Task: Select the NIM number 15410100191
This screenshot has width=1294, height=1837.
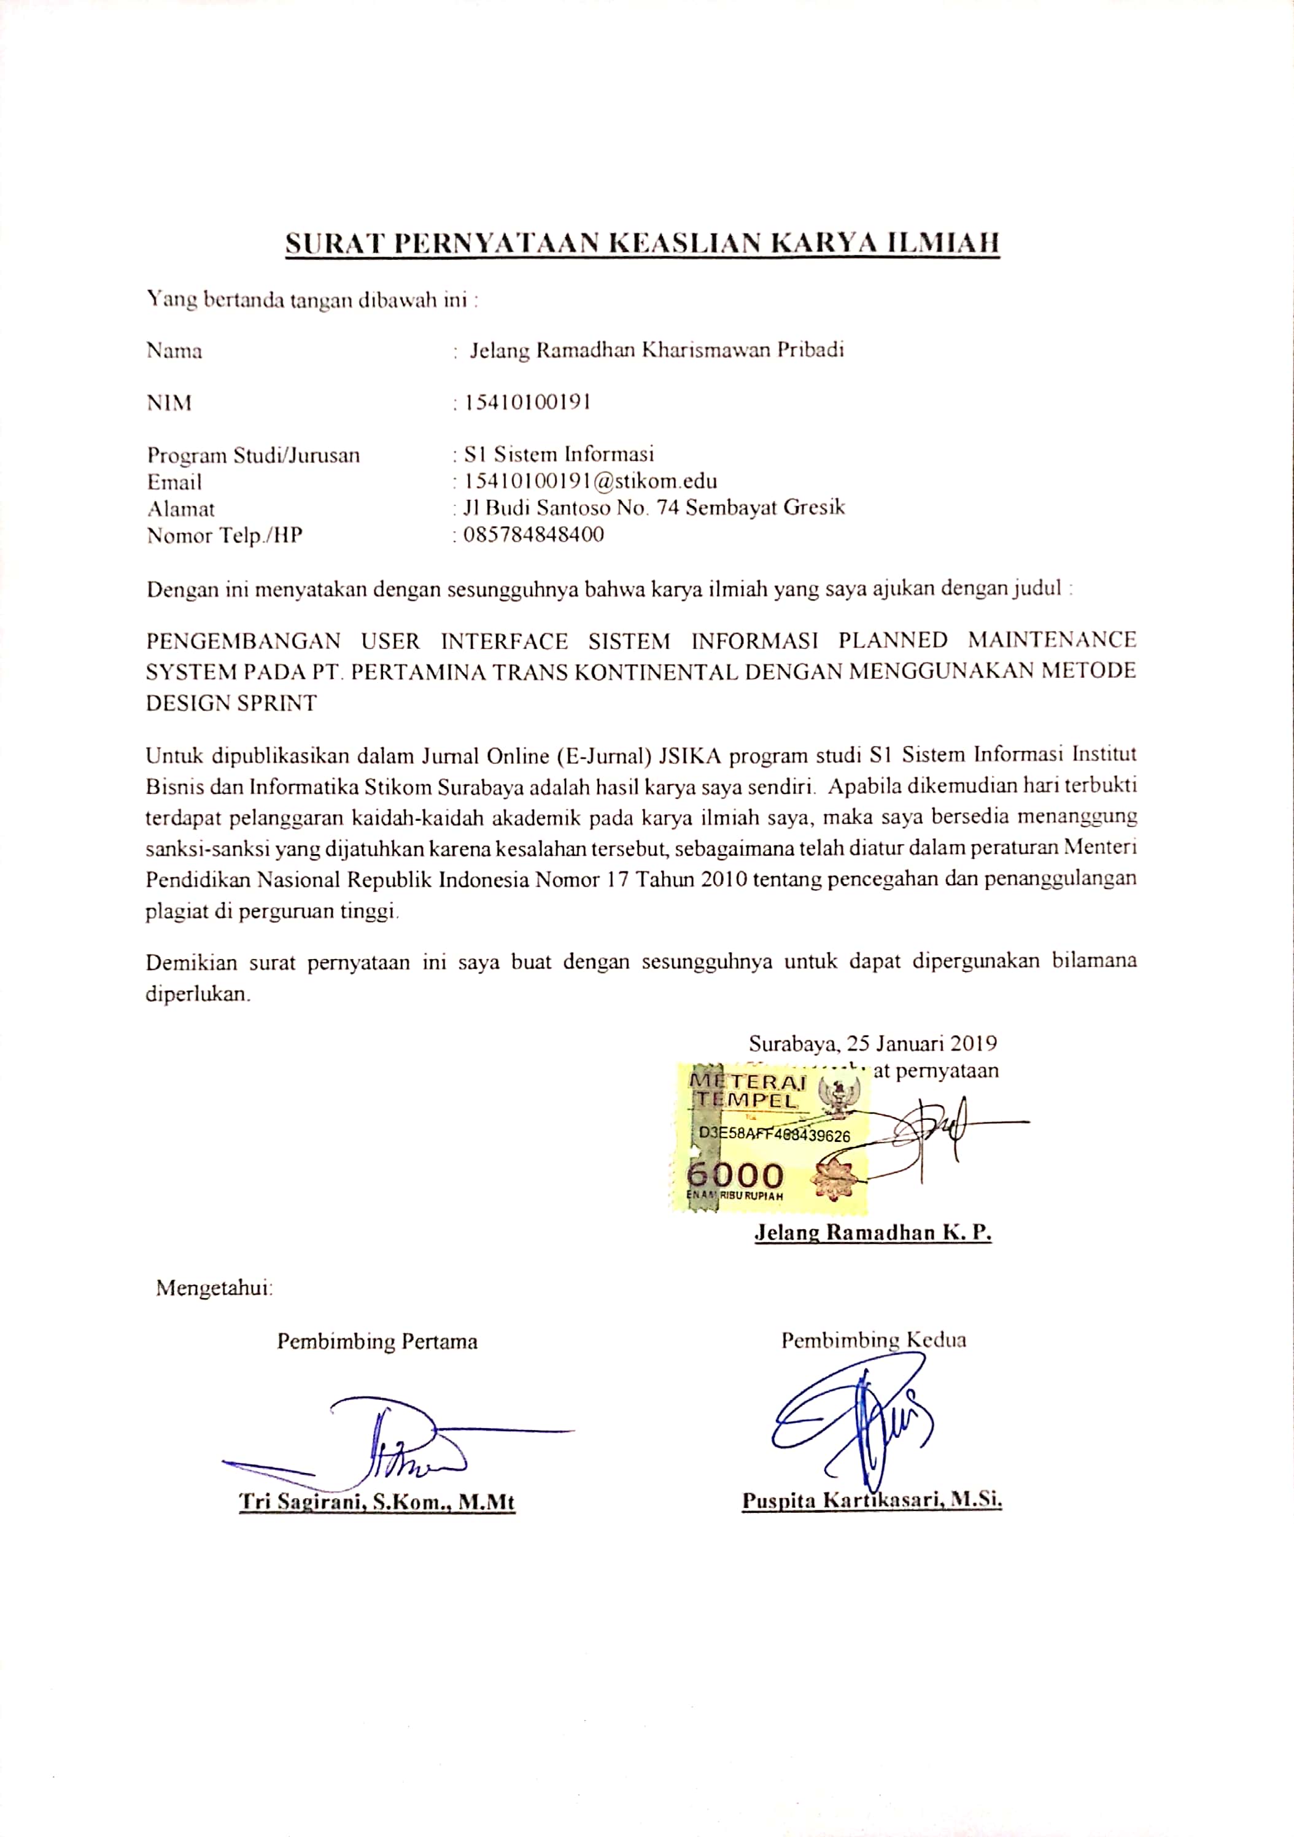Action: tap(523, 402)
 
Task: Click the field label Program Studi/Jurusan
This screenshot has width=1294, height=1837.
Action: tap(254, 455)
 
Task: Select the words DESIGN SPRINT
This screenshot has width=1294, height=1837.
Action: tap(231, 703)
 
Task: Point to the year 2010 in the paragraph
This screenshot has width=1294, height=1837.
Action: tap(724, 879)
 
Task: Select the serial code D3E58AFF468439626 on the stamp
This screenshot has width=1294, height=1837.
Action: tap(774, 1135)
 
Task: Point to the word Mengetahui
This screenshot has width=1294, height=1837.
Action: tap(214, 1288)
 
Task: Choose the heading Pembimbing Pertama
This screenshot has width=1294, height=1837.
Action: tap(378, 1342)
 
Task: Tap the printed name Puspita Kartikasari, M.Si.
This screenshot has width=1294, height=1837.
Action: tap(872, 1500)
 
